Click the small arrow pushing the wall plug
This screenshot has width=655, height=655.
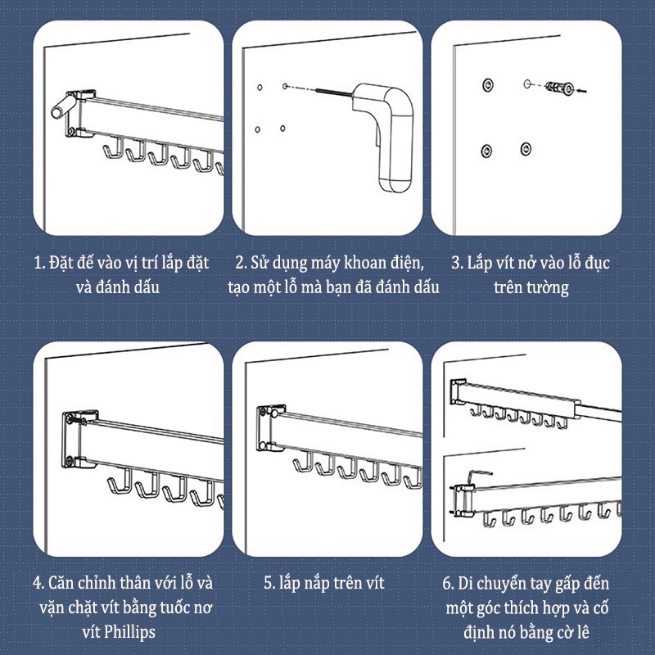582,90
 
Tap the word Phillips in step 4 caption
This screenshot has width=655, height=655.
129,631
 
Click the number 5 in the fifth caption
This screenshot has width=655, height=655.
269,583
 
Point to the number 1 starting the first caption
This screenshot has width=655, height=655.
38,263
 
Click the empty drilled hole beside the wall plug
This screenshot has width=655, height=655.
526,84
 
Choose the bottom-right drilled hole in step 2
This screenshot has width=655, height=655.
282,129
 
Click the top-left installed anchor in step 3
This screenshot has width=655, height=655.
487,85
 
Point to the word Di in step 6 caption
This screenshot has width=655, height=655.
465,584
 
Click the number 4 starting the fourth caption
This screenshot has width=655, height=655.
38,583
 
